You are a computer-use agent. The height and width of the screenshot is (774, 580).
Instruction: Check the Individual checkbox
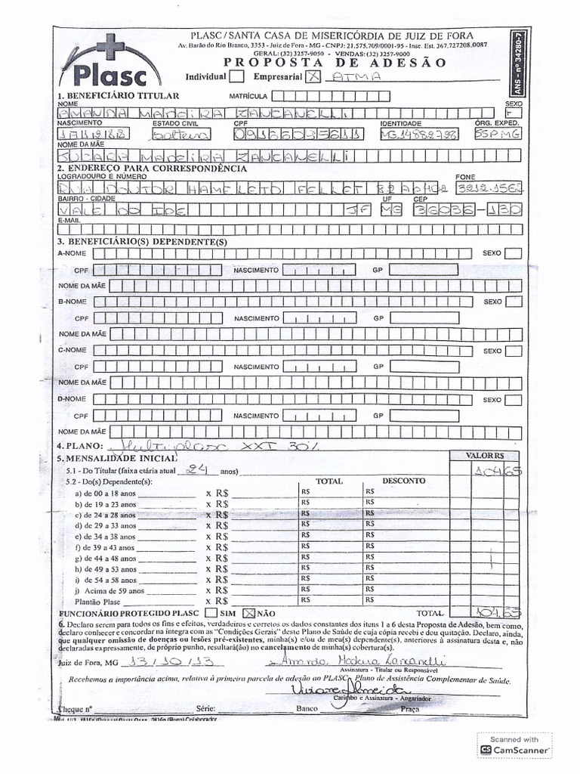236,76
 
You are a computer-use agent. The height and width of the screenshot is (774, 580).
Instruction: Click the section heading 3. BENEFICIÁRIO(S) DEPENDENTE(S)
142,241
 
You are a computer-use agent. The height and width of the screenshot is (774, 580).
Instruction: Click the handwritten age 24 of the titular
198,469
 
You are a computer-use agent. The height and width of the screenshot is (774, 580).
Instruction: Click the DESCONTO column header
403,481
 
